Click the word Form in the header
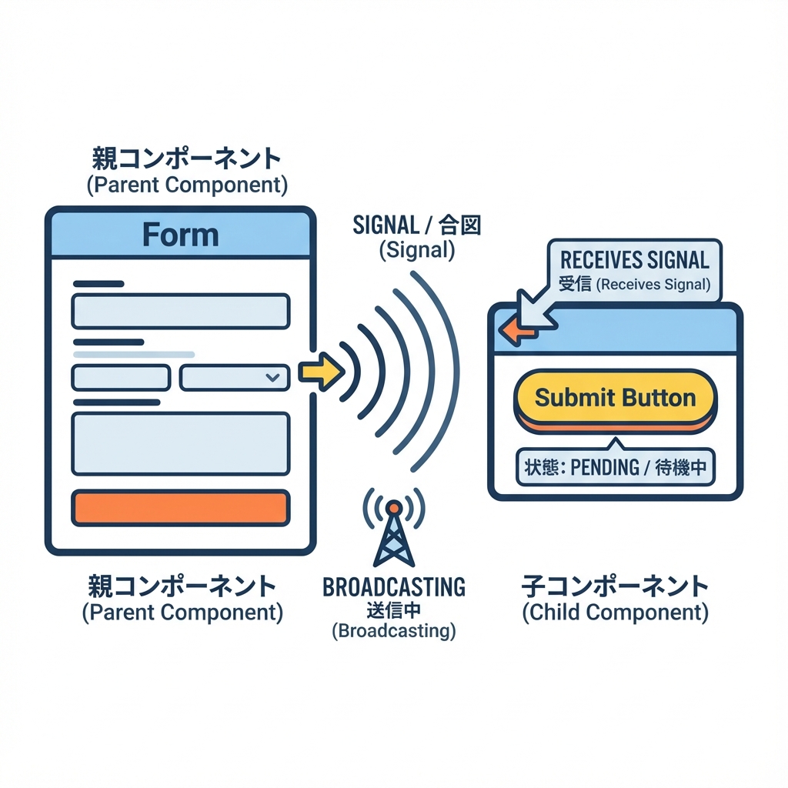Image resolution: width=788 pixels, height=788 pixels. click(180, 235)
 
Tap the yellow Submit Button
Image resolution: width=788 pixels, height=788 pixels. click(615, 398)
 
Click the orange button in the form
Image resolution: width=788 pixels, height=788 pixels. click(180, 508)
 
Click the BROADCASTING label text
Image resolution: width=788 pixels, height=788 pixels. click(394, 587)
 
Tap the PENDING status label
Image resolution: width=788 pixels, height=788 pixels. click(615, 467)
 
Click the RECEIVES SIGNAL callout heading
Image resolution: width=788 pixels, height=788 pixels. click(634, 259)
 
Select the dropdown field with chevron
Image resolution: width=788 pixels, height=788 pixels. click(234, 378)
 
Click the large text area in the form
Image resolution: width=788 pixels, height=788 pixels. click(180, 444)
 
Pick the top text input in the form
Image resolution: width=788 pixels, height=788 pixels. click(180, 311)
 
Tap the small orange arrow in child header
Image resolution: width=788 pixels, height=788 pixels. click(510, 331)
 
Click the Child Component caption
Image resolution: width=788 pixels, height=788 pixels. click(615, 613)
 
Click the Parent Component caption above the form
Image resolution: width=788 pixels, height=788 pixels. click(185, 185)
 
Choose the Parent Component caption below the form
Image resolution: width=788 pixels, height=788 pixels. click(182, 613)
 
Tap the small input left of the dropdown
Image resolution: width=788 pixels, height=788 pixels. click(121, 378)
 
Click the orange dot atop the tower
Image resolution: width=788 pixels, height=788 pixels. click(392, 507)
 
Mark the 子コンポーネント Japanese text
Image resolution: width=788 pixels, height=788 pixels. click(615, 587)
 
